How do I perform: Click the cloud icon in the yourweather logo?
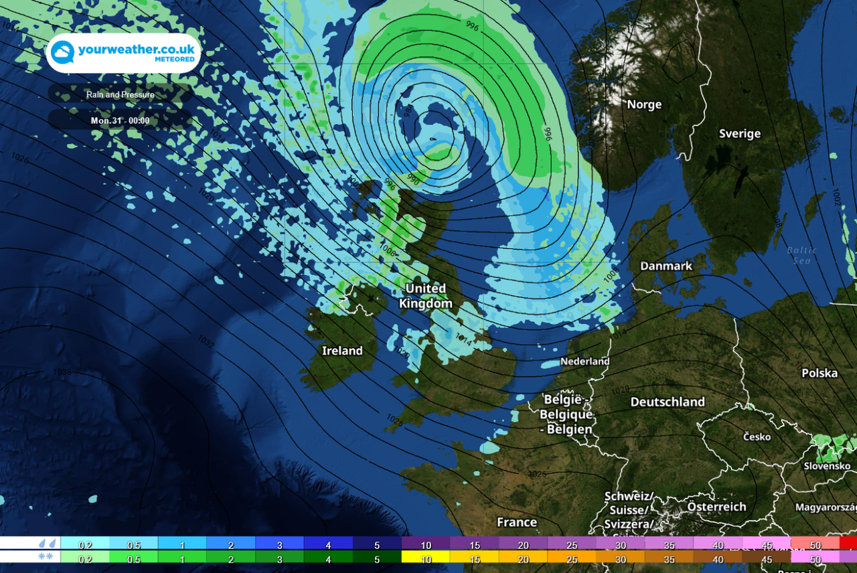pos(63,53)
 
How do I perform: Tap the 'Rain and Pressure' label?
pos(121,94)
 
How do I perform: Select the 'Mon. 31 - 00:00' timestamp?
pos(121,121)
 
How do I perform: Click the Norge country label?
pos(644,104)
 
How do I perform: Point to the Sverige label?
pos(740,133)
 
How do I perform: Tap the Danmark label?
pos(666,266)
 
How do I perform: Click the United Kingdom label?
pos(426,296)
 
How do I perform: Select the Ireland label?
pos(342,351)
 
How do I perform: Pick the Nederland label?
pos(585,361)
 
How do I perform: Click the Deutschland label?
pos(668,402)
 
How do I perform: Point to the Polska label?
pos(820,373)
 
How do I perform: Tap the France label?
pos(517,522)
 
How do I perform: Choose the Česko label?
pos(757,436)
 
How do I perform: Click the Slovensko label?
pos(828,466)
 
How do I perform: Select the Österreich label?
pos(716,507)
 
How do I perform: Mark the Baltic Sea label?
pos(801,255)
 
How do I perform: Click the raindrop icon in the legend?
pos(47,543)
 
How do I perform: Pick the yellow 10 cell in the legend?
pos(426,557)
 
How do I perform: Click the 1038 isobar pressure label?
pos(62,372)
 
